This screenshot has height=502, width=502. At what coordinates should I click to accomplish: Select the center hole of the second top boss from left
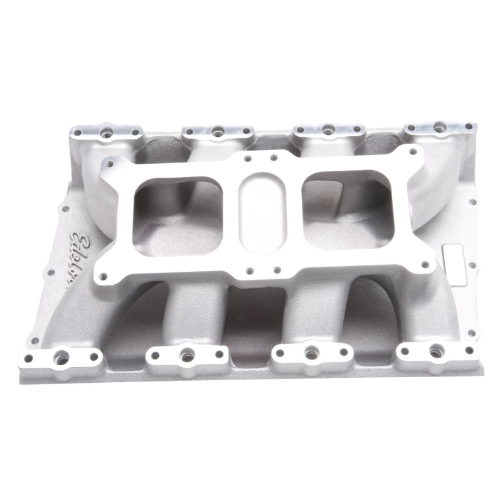coord(216,131)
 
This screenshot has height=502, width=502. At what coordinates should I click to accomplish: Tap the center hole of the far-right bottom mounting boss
coord(433,350)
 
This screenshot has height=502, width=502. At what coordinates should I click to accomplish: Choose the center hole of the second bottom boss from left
coord(186,355)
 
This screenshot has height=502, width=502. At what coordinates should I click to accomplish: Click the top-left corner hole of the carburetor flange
coord(112,165)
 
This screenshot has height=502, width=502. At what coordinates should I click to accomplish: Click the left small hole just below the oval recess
coord(250,271)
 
